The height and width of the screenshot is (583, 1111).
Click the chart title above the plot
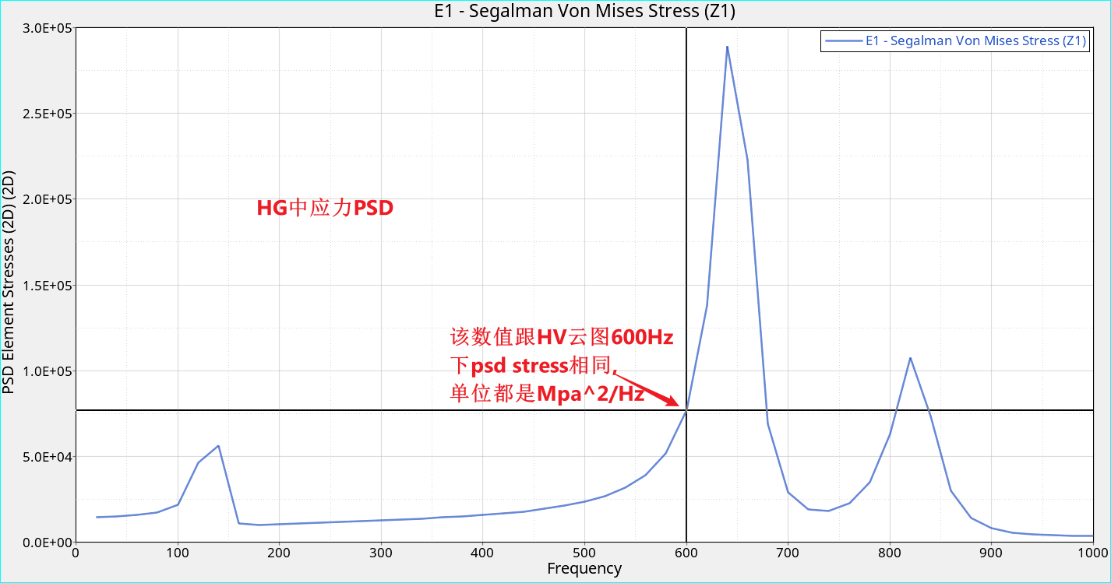(x=584, y=11)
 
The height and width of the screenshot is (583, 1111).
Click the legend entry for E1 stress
(x=975, y=41)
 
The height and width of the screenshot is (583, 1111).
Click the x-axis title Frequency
(x=584, y=569)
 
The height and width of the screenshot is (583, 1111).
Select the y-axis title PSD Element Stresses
(x=9, y=284)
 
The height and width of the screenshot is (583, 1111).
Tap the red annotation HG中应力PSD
(x=325, y=209)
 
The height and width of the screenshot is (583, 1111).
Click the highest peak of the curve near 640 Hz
(x=727, y=47)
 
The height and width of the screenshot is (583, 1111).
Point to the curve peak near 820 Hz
(x=910, y=358)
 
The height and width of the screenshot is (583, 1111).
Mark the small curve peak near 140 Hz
(x=219, y=446)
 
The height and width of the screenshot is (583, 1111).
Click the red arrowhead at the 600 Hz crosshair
(x=679, y=402)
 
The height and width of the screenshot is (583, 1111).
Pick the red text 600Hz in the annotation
(x=642, y=338)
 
